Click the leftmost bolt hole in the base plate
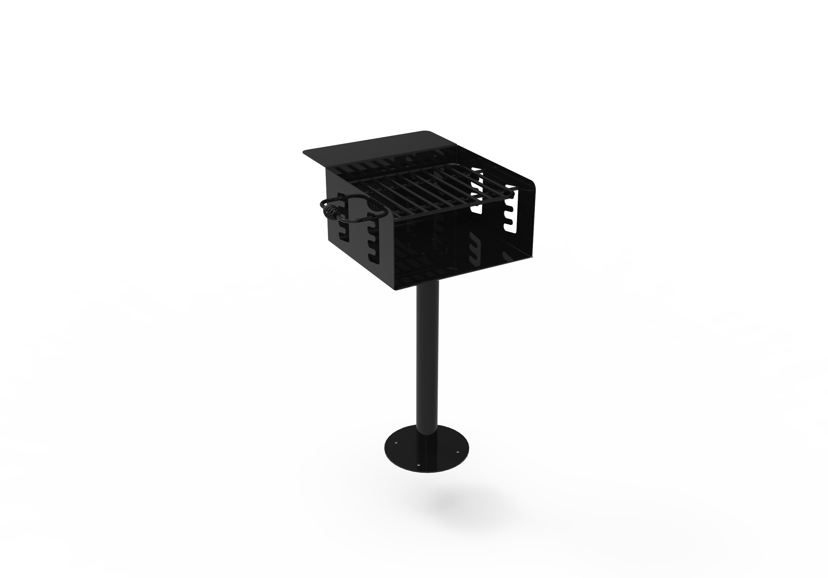pos(396,441)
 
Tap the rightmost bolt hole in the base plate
pos(458,451)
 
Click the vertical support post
pos(428,353)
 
